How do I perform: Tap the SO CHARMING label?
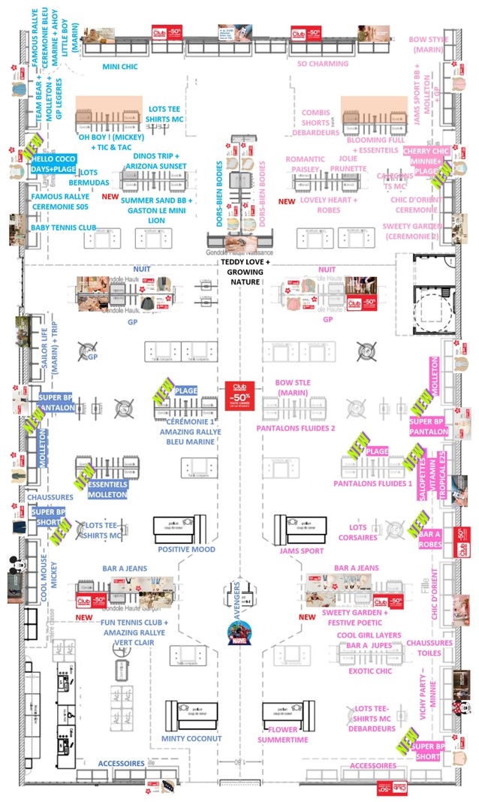[x=323, y=64]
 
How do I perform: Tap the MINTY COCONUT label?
[x=191, y=738]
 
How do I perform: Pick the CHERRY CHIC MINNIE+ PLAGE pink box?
[x=426, y=161]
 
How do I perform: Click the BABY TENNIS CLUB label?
[x=64, y=228]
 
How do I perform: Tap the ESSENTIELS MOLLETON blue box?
[x=107, y=490]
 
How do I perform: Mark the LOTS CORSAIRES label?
[x=352, y=533]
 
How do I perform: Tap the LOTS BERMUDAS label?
[x=89, y=177]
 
